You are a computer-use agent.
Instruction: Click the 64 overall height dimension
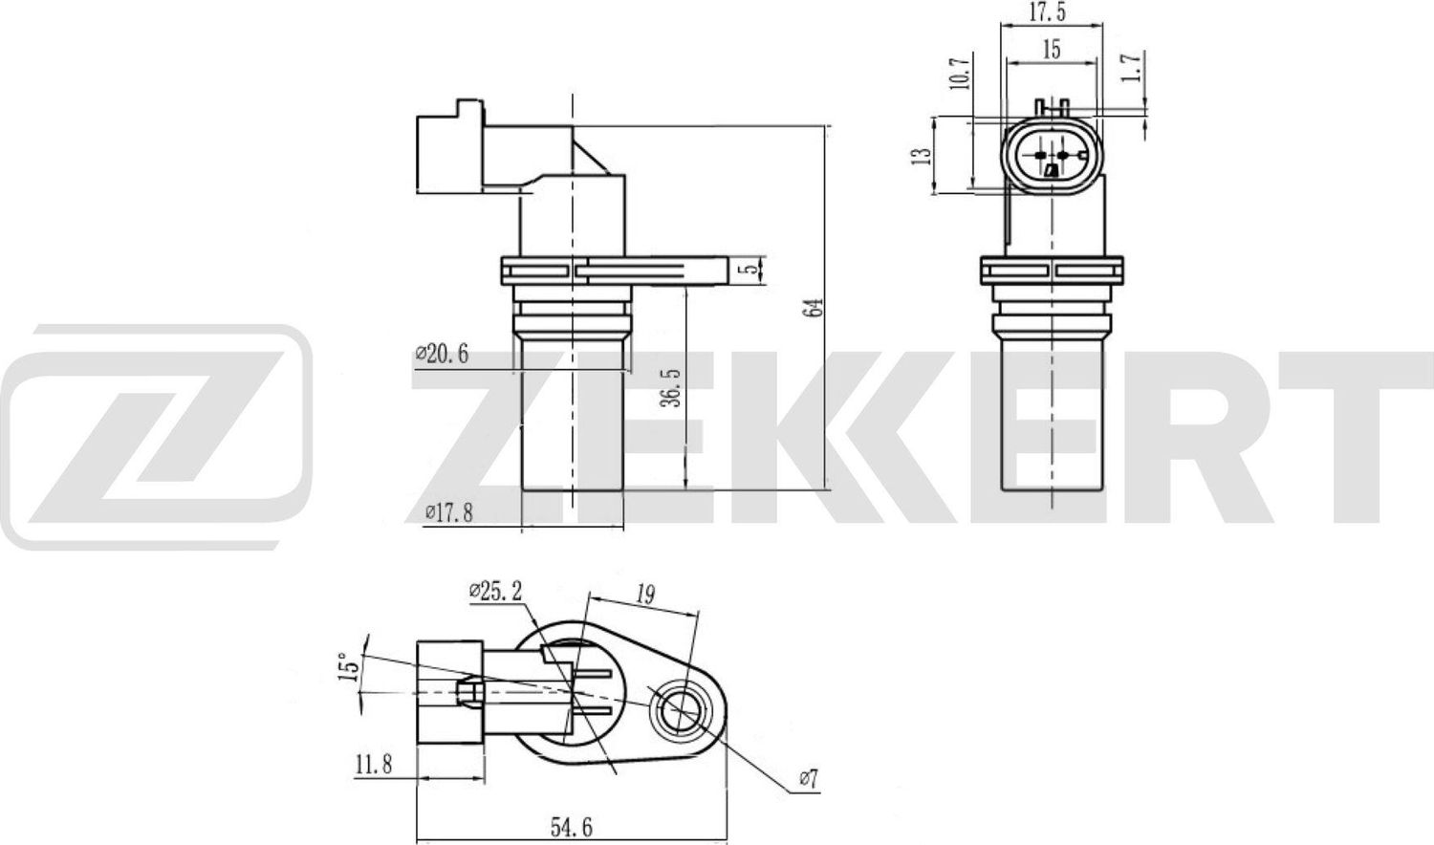(815, 307)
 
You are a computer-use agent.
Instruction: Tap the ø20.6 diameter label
(442, 355)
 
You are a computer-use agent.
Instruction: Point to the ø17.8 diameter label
(448, 513)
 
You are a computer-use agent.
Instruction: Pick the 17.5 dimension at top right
(1048, 11)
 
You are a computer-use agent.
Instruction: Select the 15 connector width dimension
(1052, 50)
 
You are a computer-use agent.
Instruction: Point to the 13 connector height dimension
(921, 155)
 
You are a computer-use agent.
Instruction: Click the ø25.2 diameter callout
(495, 592)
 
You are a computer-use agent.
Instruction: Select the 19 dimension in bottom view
(645, 594)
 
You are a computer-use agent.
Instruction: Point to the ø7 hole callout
(808, 780)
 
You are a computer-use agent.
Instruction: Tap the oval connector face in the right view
(1052, 156)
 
